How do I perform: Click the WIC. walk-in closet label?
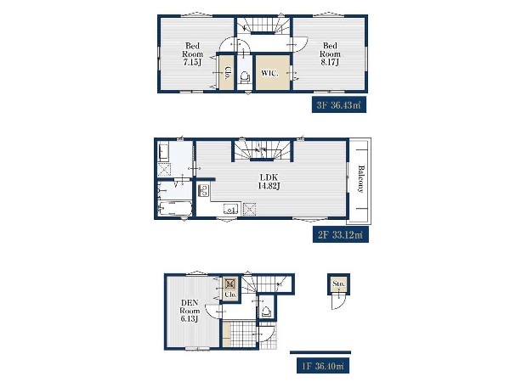[269, 73]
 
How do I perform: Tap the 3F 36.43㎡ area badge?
[339, 105]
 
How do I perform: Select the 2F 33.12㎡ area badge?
[340, 234]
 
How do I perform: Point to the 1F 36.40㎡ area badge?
[323, 366]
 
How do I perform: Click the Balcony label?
[360, 179]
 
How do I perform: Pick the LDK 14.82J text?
[269, 182]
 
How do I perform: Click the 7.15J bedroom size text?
[192, 62]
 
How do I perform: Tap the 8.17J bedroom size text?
[330, 62]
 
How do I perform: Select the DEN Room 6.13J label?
[190, 311]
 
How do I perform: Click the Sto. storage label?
[338, 284]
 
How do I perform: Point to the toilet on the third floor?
[245, 77]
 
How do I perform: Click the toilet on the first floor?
[267, 312]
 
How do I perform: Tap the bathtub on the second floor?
[175, 208]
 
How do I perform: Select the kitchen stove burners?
[204, 190]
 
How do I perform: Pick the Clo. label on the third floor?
[227, 73]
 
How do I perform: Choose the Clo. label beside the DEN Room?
[230, 295]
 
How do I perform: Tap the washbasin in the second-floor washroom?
[163, 153]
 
